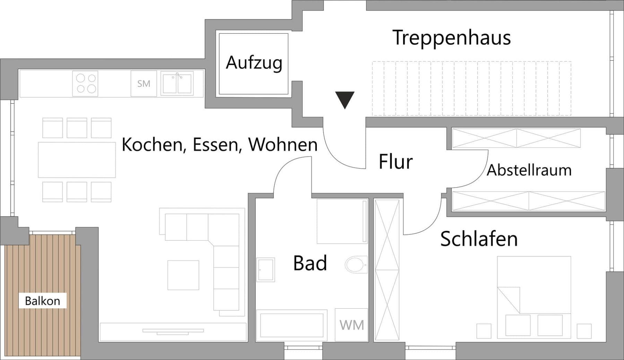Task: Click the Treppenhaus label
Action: click(x=451, y=37)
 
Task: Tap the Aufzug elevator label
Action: click(x=254, y=63)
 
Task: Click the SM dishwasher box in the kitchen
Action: click(x=144, y=84)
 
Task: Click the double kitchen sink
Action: click(x=177, y=84)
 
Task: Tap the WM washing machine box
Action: click(x=352, y=325)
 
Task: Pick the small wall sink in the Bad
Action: click(x=266, y=269)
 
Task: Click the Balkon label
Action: click(x=42, y=301)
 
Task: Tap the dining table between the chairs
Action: click(x=77, y=160)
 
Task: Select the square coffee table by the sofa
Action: click(x=183, y=275)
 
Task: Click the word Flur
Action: click(x=396, y=162)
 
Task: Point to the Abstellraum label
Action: click(x=529, y=170)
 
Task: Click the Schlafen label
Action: click(x=479, y=239)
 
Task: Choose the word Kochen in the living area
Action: click(x=151, y=145)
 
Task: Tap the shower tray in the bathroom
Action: click(x=342, y=221)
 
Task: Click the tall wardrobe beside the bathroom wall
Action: click(x=387, y=270)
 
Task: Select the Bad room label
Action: click(x=310, y=263)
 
